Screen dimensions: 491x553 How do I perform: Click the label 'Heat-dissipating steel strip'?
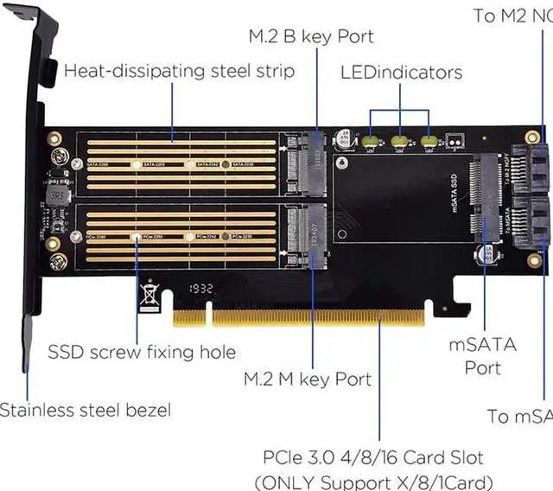click(179, 71)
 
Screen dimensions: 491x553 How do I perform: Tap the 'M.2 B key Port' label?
click(311, 36)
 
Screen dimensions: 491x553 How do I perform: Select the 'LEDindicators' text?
click(400, 73)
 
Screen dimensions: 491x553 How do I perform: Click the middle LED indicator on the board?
click(400, 139)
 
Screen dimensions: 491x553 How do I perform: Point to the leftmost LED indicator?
click(372, 139)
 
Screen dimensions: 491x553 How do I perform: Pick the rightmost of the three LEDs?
click(429, 139)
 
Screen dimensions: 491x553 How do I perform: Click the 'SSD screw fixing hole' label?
click(142, 352)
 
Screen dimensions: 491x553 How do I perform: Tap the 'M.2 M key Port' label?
click(308, 379)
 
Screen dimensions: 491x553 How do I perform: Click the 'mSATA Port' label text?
click(482, 356)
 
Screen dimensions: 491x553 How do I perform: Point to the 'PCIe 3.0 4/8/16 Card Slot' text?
click(373, 457)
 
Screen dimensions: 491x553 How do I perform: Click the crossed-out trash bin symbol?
click(149, 297)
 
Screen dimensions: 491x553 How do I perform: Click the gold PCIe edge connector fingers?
click(299, 317)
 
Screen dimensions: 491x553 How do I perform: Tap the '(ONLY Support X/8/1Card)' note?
click(373, 481)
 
